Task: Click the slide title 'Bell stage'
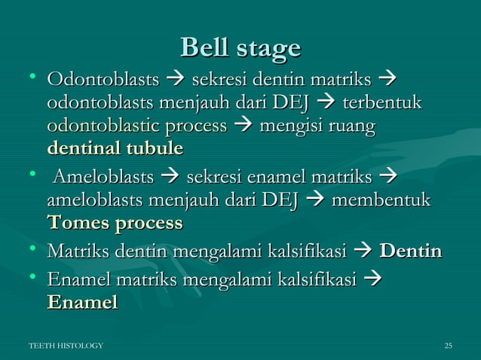point(240,48)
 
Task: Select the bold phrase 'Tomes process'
point(115,224)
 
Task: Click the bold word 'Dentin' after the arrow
point(411,251)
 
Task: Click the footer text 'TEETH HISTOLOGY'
point(66,346)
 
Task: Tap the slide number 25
point(448,346)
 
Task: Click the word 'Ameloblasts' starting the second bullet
point(104,178)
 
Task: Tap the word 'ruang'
point(351,124)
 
